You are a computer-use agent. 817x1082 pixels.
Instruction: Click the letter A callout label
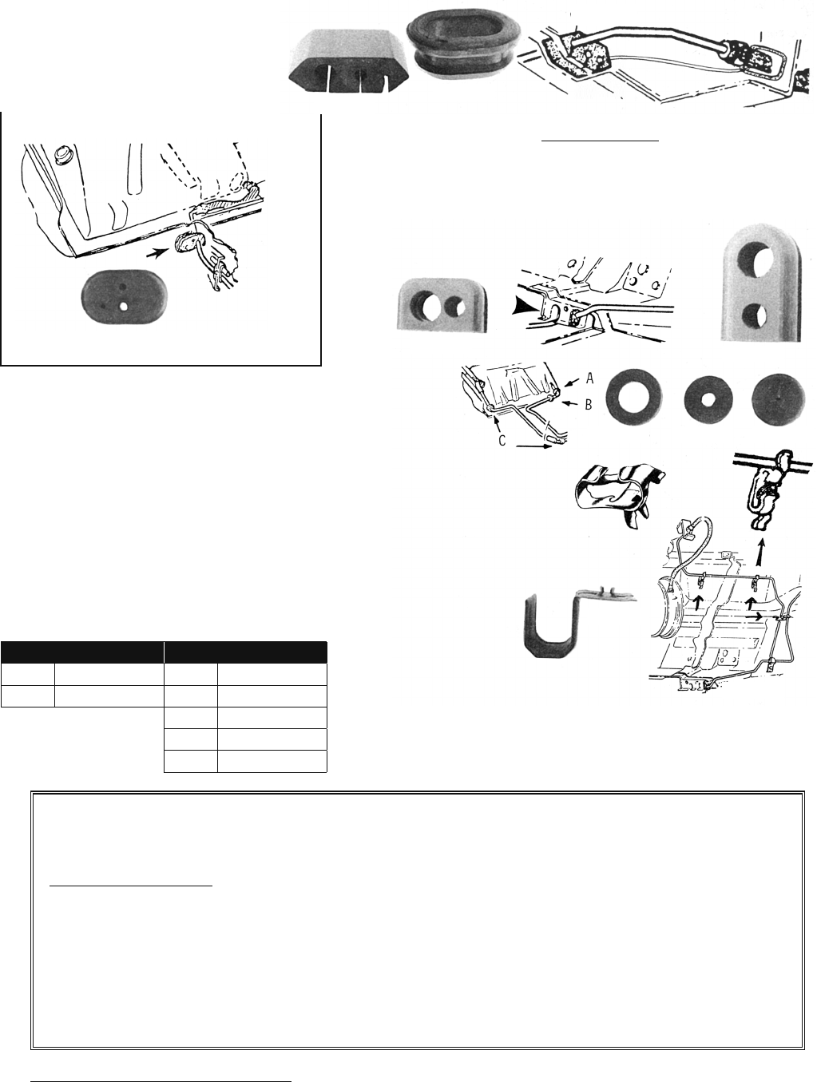589,379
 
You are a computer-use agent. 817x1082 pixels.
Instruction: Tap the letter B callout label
589,405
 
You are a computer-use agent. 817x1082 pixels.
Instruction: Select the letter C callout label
502,440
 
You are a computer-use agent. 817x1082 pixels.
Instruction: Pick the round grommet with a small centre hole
708,400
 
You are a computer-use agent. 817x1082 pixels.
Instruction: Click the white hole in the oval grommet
124,307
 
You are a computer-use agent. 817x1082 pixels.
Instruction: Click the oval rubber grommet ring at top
460,42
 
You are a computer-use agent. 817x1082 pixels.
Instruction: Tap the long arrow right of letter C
533,446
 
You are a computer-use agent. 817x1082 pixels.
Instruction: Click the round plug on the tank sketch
61,153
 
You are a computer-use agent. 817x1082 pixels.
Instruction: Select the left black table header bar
81,652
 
